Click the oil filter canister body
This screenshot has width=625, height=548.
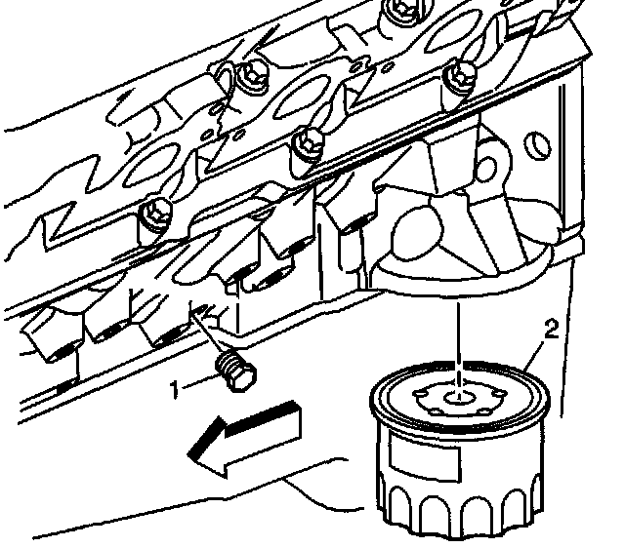click(459, 458)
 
